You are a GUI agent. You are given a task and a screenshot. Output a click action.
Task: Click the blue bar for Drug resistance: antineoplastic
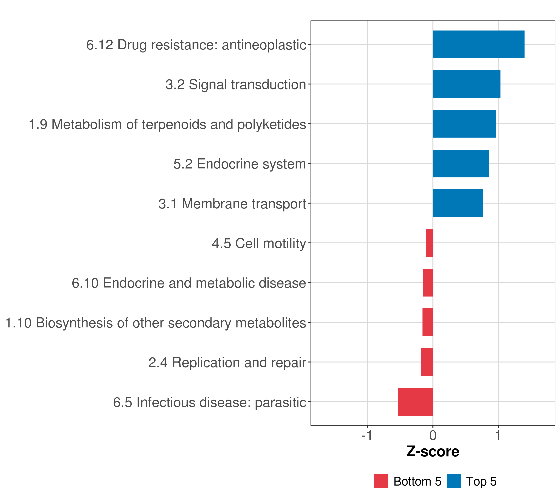click(478, 44)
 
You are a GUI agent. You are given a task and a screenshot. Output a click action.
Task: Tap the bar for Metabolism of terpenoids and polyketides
click(464, 124)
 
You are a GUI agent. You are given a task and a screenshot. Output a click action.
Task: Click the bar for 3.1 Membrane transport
click(458, 203)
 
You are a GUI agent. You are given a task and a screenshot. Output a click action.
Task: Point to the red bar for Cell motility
click(429, 243)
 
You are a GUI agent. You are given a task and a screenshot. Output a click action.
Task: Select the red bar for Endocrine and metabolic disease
click(428, 283)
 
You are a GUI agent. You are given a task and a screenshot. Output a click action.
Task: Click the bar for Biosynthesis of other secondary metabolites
click(427, 322)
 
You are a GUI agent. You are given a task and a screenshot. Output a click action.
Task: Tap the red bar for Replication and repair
click(427, 362)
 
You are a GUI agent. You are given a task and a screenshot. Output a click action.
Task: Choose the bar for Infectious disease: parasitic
click(415, 402)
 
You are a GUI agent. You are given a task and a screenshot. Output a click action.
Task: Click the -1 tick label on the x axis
click(367, 436)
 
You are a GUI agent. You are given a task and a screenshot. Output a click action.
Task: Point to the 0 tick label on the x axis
click(433, 436)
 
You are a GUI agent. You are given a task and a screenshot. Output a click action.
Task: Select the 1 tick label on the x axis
click(498, 436)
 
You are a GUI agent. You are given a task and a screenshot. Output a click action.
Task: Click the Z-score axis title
click(433, 452)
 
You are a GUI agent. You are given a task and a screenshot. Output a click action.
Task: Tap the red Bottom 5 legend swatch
click(381, 481)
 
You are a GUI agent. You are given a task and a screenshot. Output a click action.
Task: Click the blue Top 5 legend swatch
click(454, 481)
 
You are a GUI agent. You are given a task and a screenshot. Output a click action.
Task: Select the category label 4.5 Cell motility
click(259, 243)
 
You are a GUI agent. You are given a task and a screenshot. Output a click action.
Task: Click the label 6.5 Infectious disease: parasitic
click(210, 402)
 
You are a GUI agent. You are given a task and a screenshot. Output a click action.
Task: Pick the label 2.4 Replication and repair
click(227, 363)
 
